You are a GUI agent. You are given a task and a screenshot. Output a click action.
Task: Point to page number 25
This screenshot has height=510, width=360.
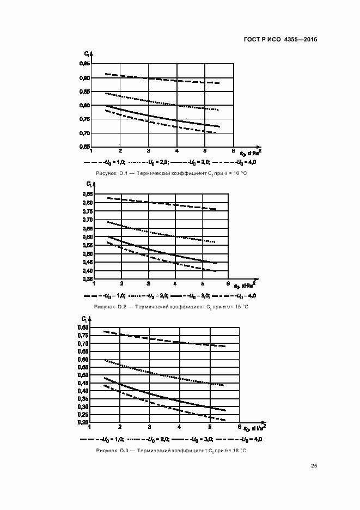coord(314,465)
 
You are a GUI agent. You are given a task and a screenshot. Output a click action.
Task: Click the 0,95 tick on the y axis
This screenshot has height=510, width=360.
coord(84,64)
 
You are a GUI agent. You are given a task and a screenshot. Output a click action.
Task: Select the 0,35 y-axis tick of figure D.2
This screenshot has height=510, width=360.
coord(87,280)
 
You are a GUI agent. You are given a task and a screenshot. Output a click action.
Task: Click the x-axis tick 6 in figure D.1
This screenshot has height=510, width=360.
coord(233,151)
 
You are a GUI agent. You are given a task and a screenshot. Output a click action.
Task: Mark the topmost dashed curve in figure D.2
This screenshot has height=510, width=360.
coord(163,203)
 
